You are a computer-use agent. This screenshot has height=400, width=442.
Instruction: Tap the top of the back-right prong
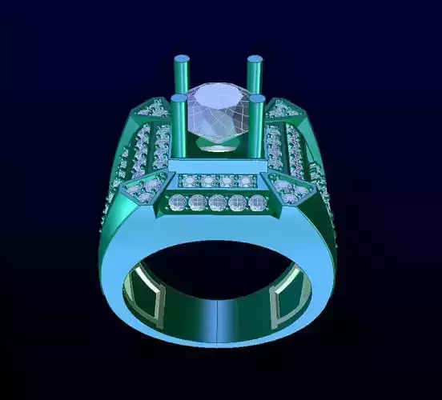pos(256,60)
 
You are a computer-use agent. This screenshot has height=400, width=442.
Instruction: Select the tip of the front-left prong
pos(179,99)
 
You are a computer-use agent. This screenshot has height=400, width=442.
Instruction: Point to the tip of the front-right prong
pos(258,99)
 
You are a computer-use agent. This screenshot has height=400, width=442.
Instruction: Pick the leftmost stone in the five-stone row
pos(178,203)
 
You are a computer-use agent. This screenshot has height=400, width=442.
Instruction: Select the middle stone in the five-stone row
pos(218,203)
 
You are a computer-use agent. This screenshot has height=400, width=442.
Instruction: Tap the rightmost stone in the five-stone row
pos(256,203)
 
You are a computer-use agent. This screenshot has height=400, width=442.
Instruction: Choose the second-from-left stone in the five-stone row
pos(197,203)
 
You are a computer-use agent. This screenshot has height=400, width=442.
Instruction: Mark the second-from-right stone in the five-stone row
pos(237,203)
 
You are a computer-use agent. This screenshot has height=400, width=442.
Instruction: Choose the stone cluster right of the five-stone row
pos(290,190)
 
